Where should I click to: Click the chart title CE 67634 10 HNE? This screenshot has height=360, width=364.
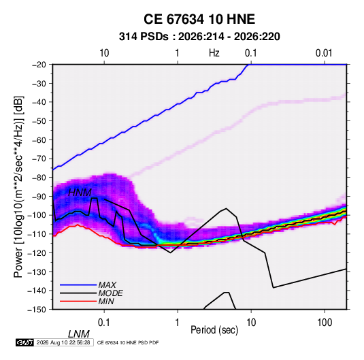point(199,19)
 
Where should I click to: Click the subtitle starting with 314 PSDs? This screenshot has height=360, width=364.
point(199,37)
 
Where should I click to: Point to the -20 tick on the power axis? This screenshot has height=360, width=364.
point(39,65)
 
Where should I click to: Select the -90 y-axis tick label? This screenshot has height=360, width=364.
point(39,196)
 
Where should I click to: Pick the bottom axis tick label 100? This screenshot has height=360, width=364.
point(325,323)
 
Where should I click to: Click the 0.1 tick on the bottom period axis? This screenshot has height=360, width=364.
point(104,323)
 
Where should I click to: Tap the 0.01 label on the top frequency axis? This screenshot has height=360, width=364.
point(324,53)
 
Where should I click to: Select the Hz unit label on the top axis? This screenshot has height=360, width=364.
point(214,53)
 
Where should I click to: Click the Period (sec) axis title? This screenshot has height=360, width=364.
point(214,330)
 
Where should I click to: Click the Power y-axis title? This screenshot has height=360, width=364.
point(18,187)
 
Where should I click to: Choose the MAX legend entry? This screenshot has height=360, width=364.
point(107,284)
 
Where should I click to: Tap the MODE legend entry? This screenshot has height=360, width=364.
point(110,293)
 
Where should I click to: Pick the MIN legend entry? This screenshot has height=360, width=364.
point(106,301)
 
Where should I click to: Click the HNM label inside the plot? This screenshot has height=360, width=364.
point(80,193)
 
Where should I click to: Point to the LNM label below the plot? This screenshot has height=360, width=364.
point(79,334)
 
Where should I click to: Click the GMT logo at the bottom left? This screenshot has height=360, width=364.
point(25,342)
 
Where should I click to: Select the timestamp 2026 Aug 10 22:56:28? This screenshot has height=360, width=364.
point(63,342)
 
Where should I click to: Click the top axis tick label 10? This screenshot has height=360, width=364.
point(104,53)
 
